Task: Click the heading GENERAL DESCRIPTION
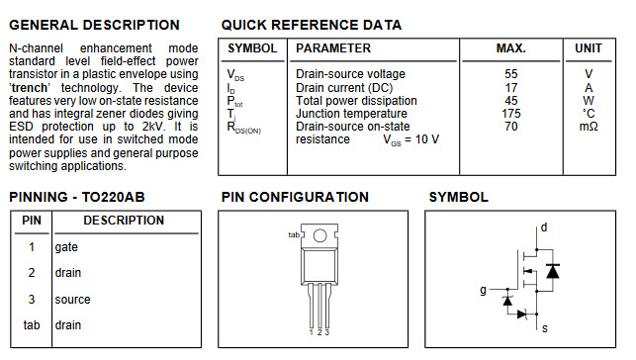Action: coord(94,25)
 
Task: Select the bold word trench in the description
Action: coord(30,88)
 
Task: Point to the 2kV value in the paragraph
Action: coord(153,127)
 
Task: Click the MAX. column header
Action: coord(511,48)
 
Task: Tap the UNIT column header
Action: coord(589,48)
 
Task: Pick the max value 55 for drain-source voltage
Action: coord(511,74)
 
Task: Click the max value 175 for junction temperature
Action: coord(511,113)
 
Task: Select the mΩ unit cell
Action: coord(589,127)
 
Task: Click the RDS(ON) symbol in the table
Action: coord(243,128)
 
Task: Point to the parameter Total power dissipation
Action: coord(356,101)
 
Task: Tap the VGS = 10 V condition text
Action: coord(410,139)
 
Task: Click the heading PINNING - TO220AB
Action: coord(77,197)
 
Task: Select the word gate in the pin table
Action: coord(66,247)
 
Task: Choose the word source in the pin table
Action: coord(72,300)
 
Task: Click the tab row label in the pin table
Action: coord(32,325)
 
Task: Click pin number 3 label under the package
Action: coord(327,332)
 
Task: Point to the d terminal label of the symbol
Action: coord(544,227)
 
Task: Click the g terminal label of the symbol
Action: coord(483,290)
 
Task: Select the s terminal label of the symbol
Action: coord(545,328)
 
